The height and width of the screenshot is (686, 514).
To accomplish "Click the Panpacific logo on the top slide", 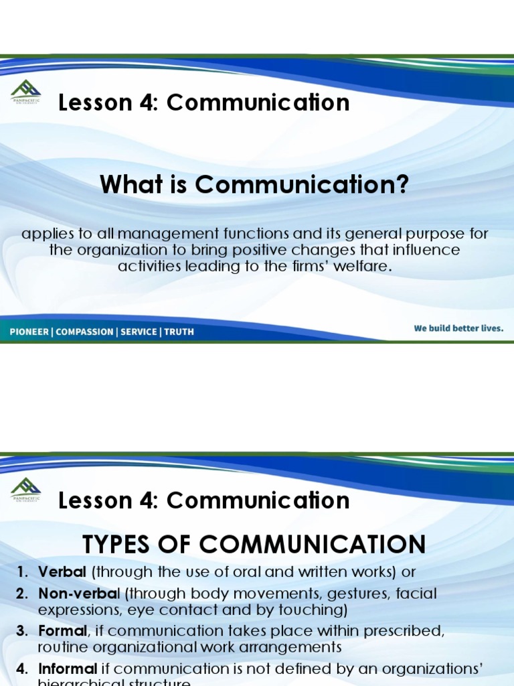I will tap(26, 91).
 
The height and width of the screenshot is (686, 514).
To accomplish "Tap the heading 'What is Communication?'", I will tap(254, 184).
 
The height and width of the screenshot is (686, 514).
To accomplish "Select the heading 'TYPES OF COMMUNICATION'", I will tap(254, 544).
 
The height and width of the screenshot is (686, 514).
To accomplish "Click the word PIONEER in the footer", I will tap(29, 332).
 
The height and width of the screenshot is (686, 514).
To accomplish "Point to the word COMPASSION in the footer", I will tap(84, 332).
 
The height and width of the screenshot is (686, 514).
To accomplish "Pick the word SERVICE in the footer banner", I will tap(139, 332).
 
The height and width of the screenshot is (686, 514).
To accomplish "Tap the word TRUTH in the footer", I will tap(179, 332).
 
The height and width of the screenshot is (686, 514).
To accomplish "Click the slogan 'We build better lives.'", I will tap(458, 328).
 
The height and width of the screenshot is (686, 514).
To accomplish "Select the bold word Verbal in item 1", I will tap(62, 572).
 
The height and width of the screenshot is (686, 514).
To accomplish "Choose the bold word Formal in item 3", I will tap(62, 631).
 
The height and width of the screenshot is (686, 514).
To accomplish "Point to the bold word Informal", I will tap(68, 669).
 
